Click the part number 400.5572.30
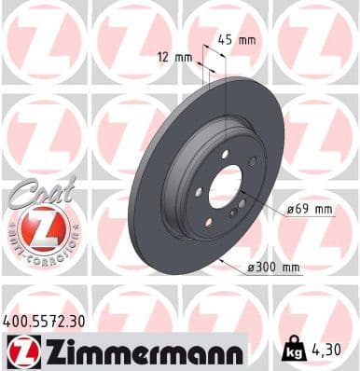44,320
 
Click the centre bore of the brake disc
225,191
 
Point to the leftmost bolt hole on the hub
199,192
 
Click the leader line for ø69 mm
266,206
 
